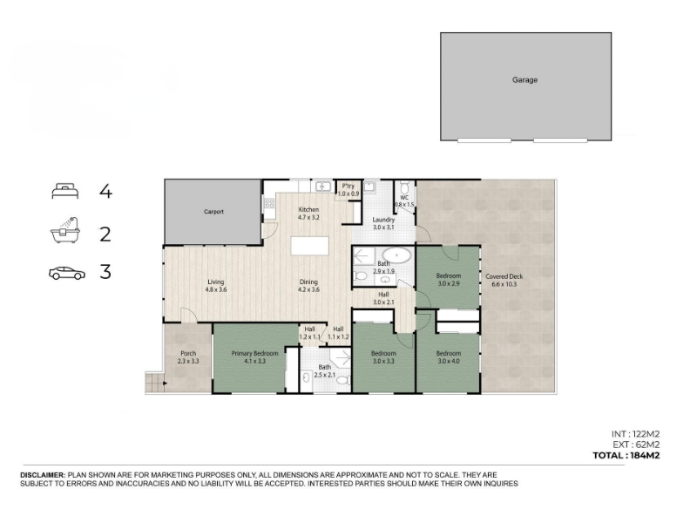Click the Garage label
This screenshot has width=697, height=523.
[x=524, y=80]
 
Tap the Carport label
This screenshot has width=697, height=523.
[x=213, y=212]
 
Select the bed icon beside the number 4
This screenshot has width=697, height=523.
[x=64, y=191]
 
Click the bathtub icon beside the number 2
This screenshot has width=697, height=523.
[x=64, y=230]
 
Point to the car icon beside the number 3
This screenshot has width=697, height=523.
[x=67, y=273]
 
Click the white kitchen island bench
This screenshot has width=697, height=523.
[x=310, y=246]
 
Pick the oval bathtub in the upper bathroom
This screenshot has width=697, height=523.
[x=397, y=255]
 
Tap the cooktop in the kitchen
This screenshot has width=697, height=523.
[x=269, y=203]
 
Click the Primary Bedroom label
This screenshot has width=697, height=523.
[x=254, y=354]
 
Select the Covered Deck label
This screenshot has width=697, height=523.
[x=504, y=276]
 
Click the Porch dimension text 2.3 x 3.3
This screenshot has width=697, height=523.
[x=188, y=361]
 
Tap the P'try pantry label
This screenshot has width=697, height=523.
[x=348, y=187]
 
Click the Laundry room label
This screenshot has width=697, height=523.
[x=383, y=220]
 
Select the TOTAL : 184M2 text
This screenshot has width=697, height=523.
[x=626, y=455]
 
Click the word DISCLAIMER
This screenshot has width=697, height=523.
[x=43, y=475]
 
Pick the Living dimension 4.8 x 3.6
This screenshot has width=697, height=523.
[x=216, y=289]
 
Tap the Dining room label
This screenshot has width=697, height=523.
[x=308, y=282]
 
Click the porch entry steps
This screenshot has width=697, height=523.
[x=154, y=383]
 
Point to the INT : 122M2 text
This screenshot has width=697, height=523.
[x=635, y=434]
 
